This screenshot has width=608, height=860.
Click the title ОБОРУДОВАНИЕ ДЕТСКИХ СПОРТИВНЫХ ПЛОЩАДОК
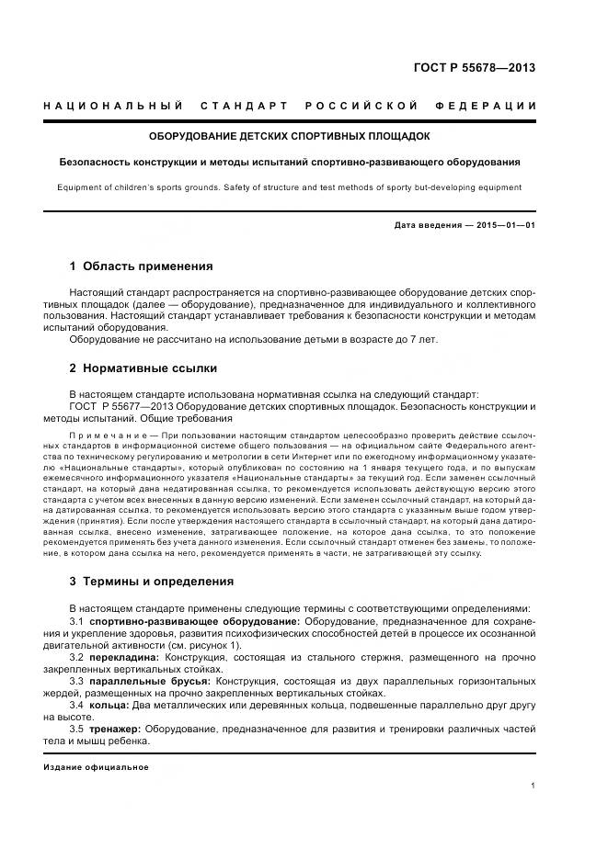pyautogui.click(x=290, y=136)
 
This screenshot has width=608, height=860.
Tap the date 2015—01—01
pyautogui.click(x=504, y=225)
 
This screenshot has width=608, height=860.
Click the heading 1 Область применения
pyautogui.click(x=141, y=266)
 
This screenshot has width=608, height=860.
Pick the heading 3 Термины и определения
pyautogui.click(x=152, y=582)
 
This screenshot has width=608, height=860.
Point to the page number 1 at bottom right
pyautogui.click(x=533, y=786)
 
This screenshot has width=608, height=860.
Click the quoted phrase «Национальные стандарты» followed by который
pyautogui.click(x=122, y=467)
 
